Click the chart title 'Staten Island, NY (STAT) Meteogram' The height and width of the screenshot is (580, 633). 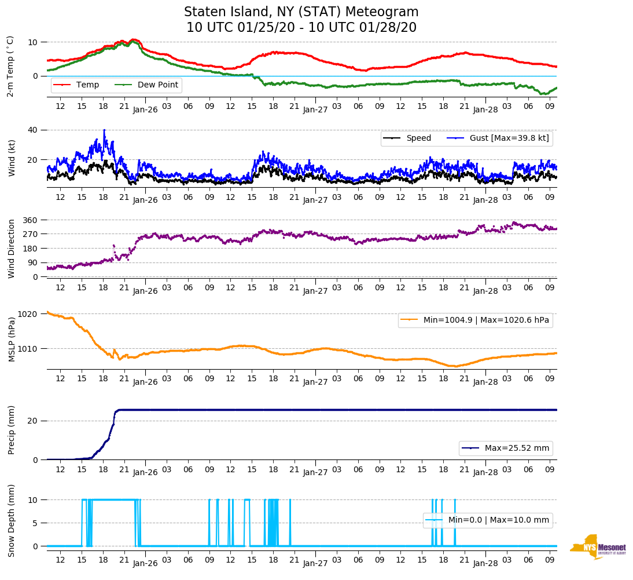coord(301,12)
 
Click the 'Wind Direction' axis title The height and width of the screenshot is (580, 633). coord(12,248)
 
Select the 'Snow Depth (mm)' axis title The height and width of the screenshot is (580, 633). coord(12,520)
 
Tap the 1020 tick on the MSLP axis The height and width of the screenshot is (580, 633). coord(29,314)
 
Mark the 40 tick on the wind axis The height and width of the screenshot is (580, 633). coord(33,130)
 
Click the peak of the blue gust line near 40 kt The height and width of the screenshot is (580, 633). coord(104,130)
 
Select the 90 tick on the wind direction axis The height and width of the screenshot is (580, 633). coord(33,262)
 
